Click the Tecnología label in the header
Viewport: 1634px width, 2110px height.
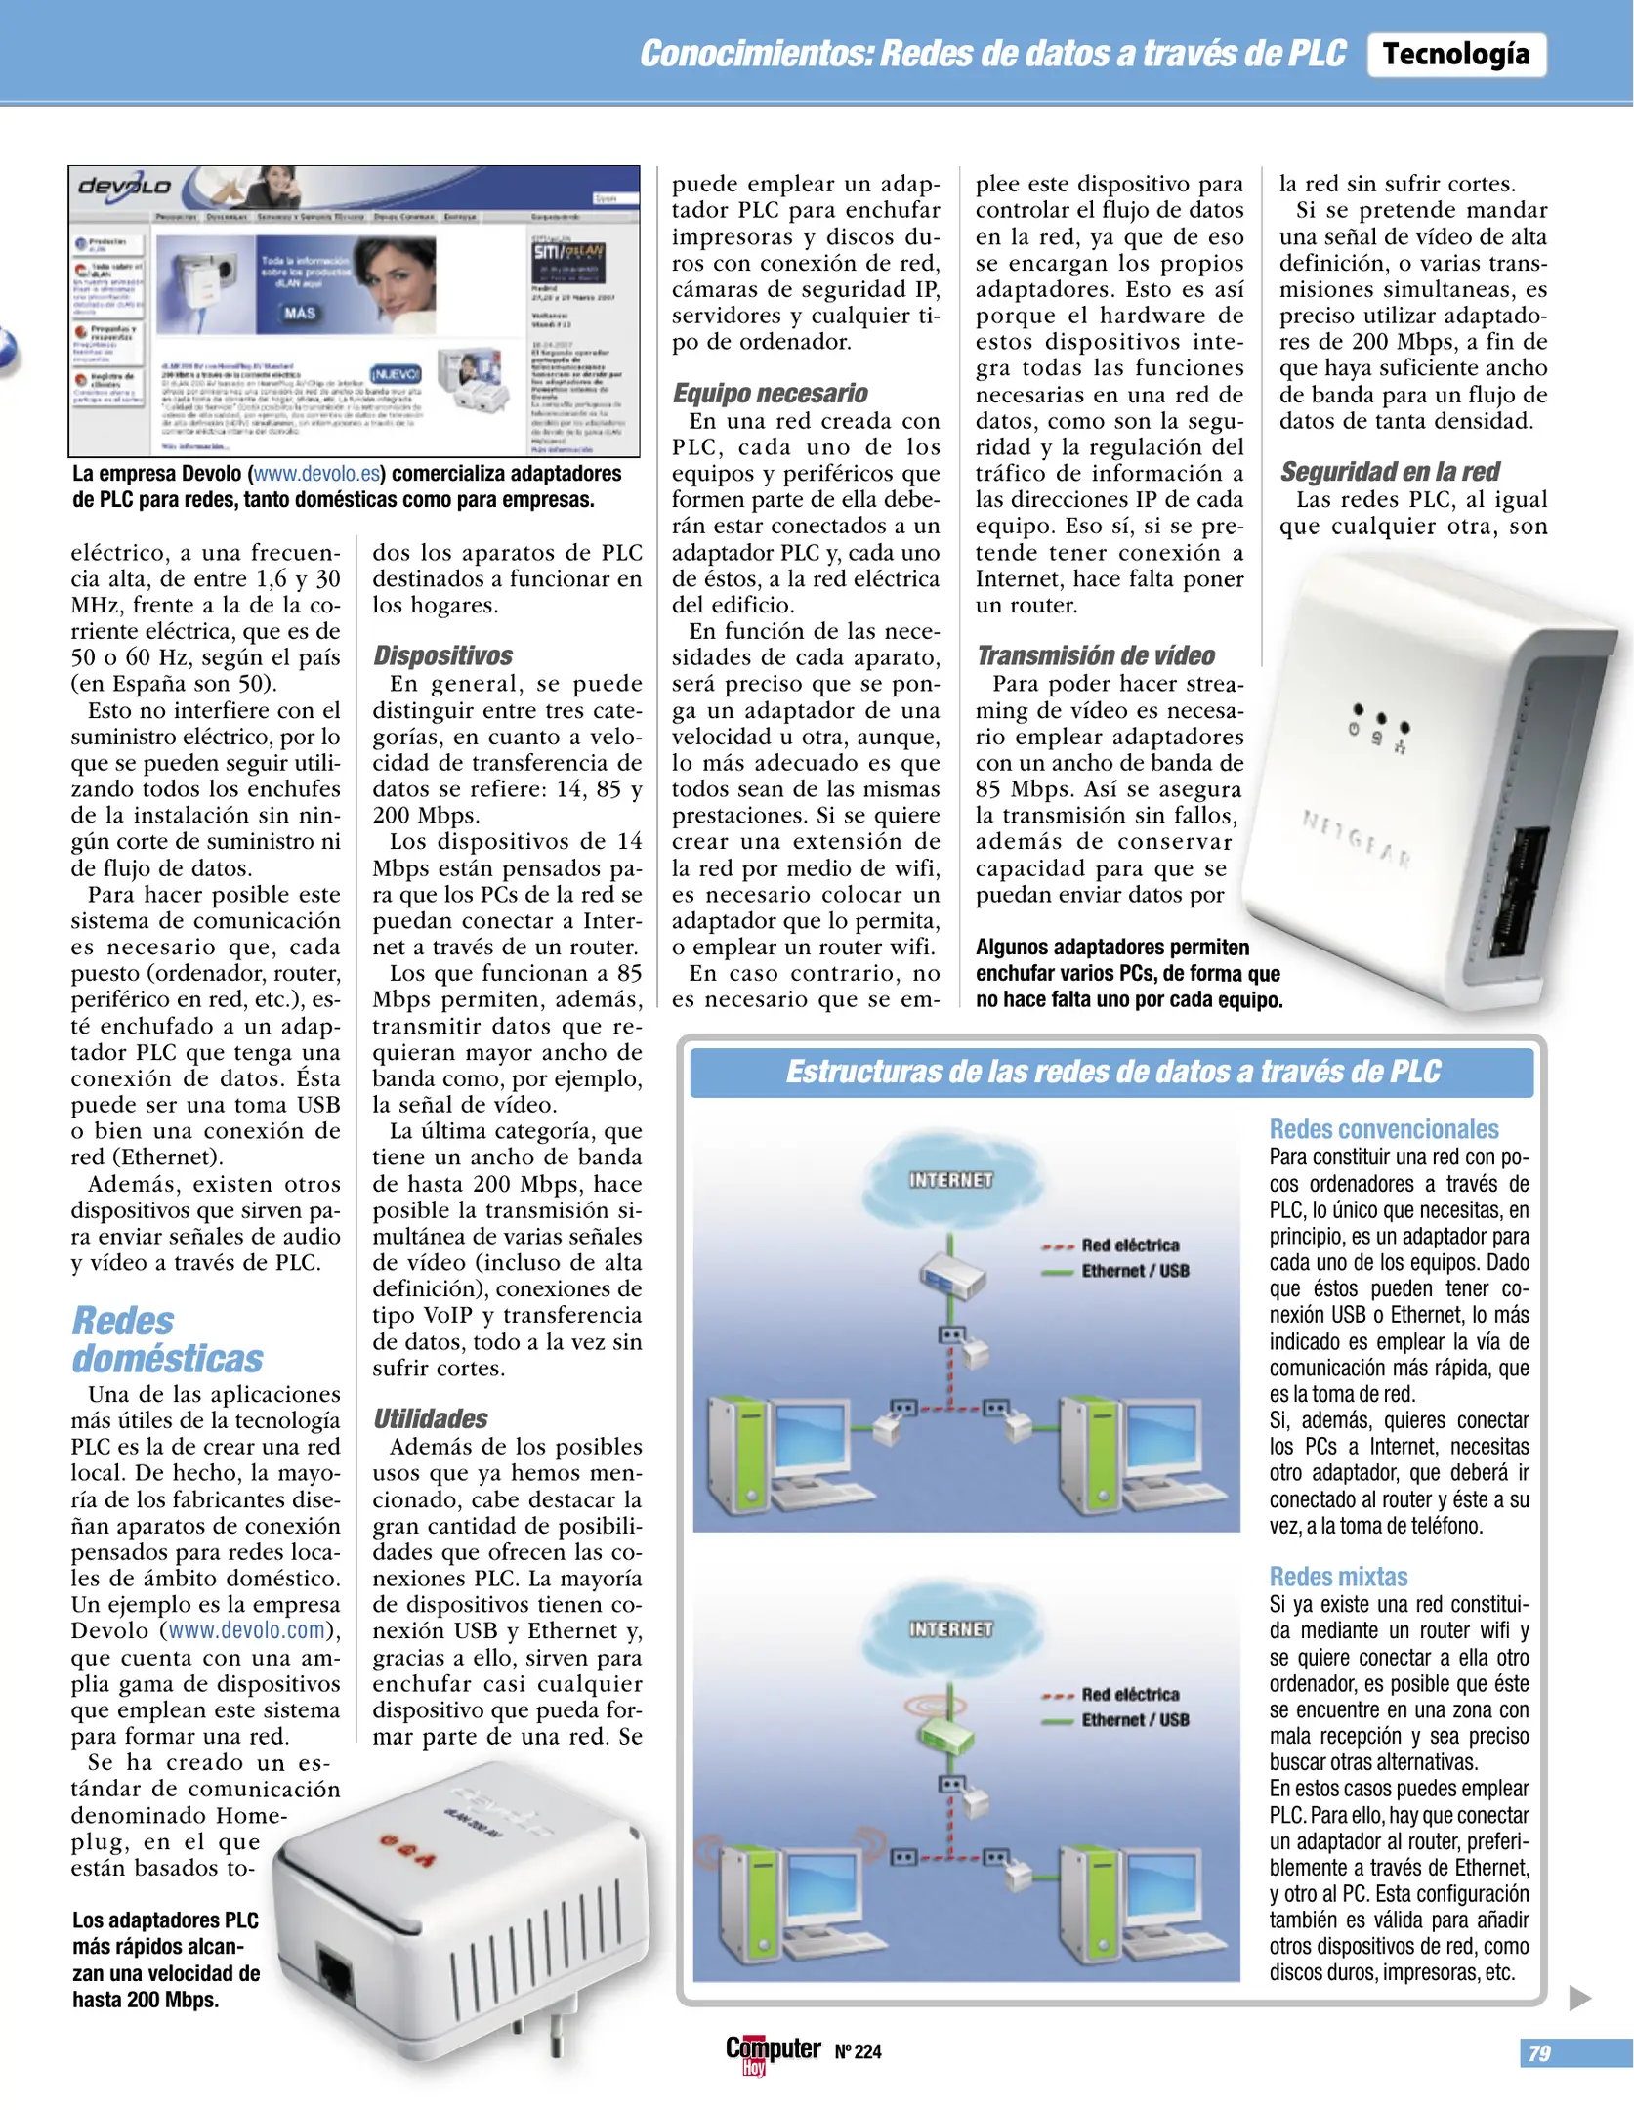(x=1455, y=55)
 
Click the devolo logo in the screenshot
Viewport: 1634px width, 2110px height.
(x=124, y=187)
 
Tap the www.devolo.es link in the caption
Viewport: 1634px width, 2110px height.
(x=316, y=474)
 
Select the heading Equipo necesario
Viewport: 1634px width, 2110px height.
(x=770, y=393)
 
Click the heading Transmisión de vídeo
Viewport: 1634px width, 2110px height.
(x=1095, y=655)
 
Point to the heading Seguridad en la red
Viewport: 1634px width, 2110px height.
(x=1389, y=472)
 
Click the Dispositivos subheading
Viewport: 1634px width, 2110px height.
(x=442, y=655)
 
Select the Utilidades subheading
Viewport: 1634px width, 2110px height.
(x=430, y=1418)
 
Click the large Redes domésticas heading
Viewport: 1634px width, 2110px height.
(x=167, y=1339)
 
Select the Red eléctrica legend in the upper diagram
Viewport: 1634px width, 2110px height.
(x=1129, y=1245)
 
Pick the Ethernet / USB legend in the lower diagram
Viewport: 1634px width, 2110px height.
(x=1134, y=1720)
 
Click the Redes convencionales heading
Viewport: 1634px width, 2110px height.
(x=1383, y=1129)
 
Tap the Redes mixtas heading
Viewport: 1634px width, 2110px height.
(x=1338, y=1577)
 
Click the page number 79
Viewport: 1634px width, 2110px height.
(x=1539, y=2053)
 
